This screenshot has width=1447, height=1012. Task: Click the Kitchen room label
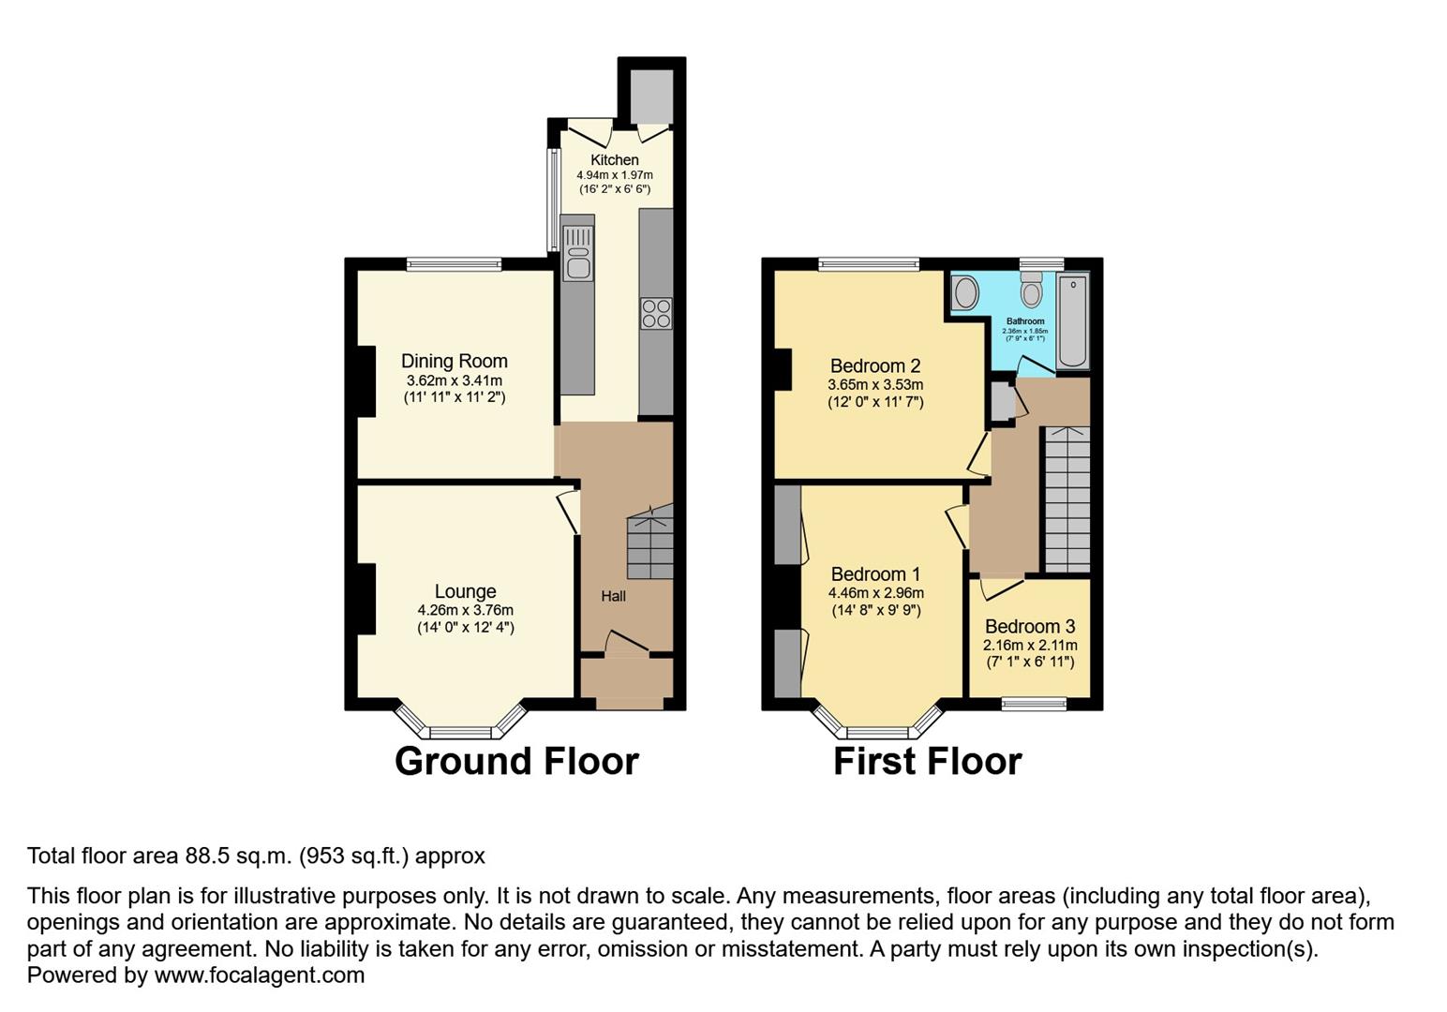[x=615, y=160]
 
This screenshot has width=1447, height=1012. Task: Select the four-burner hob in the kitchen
[x=656, y=313]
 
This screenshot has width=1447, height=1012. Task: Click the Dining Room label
[x=455, y=361]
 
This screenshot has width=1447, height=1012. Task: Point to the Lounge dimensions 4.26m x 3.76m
[x=465, y=610]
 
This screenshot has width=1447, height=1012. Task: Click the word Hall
[x=614, y=596]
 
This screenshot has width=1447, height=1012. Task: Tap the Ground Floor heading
[x=516, y=761]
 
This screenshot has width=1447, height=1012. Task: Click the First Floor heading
[x=927, y=761]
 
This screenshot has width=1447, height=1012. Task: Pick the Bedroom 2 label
[x=875, y=366]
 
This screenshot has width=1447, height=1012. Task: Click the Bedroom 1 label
[x=875, y=574]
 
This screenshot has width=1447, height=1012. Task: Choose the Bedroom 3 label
[x=1030, y=627]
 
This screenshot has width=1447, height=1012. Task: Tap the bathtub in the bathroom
[x=1072, y=321]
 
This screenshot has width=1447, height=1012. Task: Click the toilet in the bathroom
[x=1032, y=290]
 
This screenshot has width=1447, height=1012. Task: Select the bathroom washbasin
[x=964, y=293]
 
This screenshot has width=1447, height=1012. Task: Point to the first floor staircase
[x=1067, y=499]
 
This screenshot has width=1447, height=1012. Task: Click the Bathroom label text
[x=1025, y=321]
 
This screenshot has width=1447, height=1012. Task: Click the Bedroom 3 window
[x=1034, y=703]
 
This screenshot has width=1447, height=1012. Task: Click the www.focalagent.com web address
[x=260, y=975]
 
